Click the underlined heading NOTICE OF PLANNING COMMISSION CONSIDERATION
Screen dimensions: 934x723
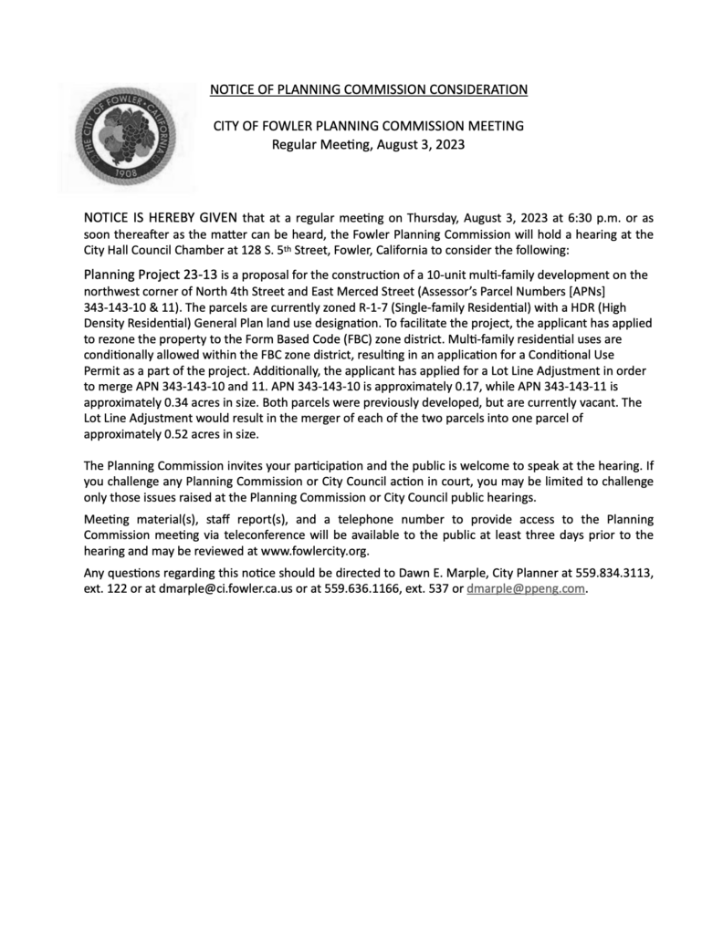pos(369,89)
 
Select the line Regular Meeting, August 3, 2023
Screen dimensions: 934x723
pos(369,144)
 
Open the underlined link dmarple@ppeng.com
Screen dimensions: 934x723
pos(525,589)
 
